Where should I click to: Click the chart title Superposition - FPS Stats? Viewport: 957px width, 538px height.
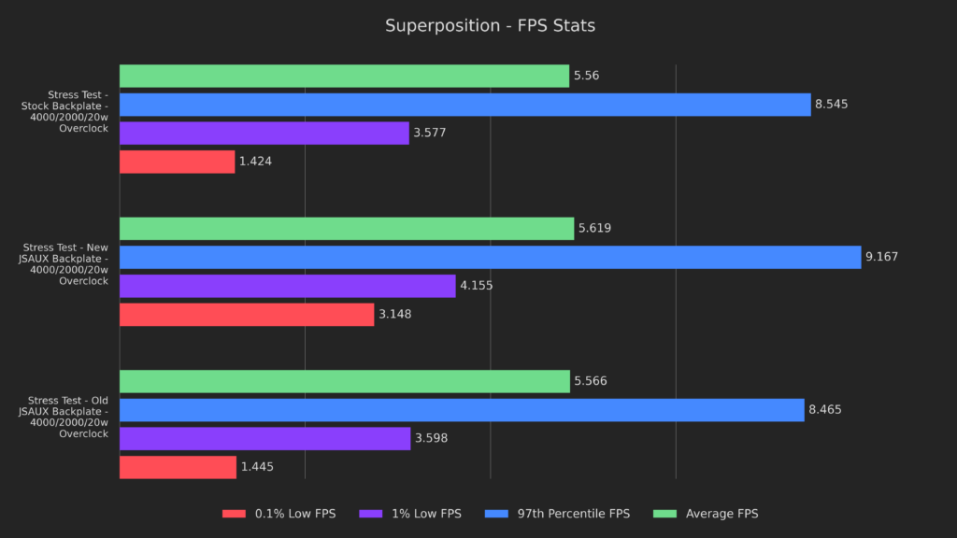pos(490,25)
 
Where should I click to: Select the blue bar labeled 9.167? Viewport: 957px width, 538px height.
pos(490,257)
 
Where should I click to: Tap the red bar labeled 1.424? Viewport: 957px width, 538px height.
pos(177,162)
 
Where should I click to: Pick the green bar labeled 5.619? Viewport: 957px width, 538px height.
pos(347,229)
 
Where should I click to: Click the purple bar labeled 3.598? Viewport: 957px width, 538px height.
pos(264,439)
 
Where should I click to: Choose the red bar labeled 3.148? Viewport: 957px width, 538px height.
pos(247,315)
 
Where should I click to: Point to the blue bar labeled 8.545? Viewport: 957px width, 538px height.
pos(464,105)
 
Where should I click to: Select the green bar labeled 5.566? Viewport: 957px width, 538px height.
pos(345,381)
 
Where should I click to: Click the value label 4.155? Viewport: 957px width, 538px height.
pos(477,286)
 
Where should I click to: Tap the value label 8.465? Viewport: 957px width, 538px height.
pos(826,410)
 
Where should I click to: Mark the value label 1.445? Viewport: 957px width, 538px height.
pos(257,467)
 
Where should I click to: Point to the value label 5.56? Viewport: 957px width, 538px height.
pos(586,76)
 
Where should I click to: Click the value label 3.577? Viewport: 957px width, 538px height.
pos(430,133)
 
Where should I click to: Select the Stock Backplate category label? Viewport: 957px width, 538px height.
pos(79,111)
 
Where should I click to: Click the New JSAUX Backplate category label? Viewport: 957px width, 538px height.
pos(64,264)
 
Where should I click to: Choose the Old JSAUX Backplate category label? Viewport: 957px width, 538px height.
pos(64,417)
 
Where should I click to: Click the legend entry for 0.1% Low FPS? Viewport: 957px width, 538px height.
pos(279,514)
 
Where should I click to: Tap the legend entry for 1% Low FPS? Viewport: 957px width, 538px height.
pos(410,514)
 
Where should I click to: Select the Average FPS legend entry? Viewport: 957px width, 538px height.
pos(709,514)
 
